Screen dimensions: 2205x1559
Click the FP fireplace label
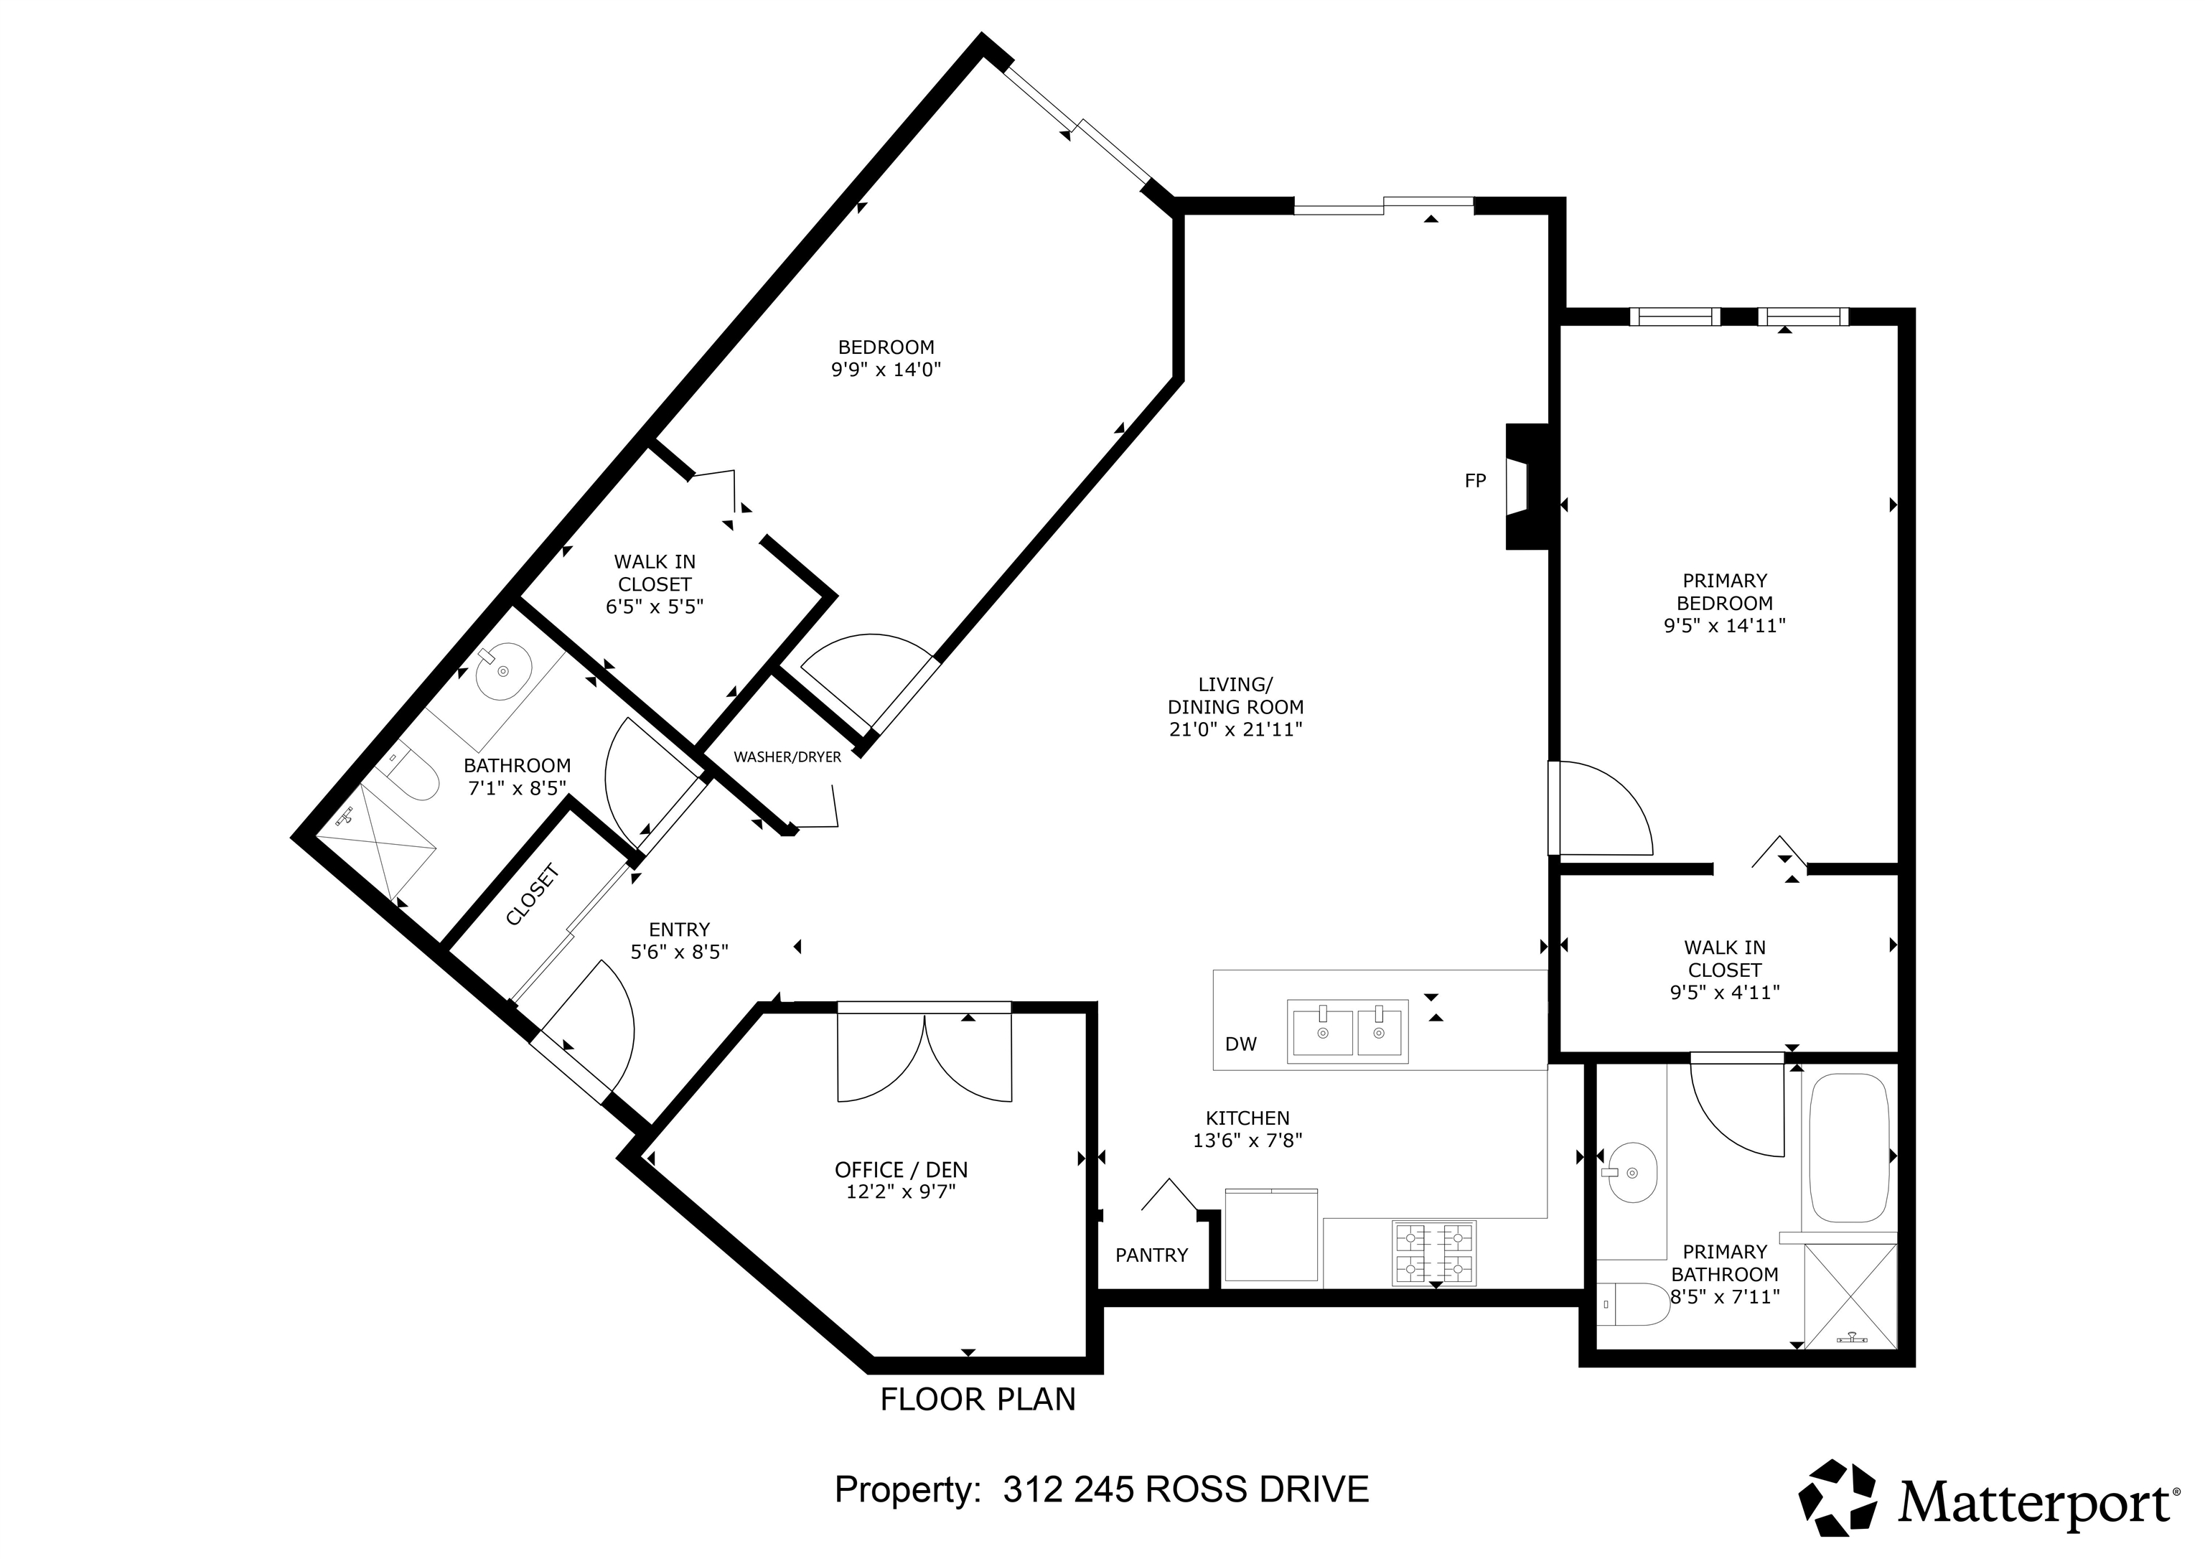(1475, 481)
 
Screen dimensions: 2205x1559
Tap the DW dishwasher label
(1241, 1044)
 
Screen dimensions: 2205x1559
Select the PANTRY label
(1151, 1255)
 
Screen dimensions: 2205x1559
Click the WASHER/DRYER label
(787, 757)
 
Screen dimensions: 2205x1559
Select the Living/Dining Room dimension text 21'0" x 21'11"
(1235, 729)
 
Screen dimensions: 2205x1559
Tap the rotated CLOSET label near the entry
(532, 895)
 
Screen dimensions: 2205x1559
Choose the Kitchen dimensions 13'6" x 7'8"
(1247, 1141)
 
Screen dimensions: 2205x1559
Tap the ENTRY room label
(679, 930)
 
